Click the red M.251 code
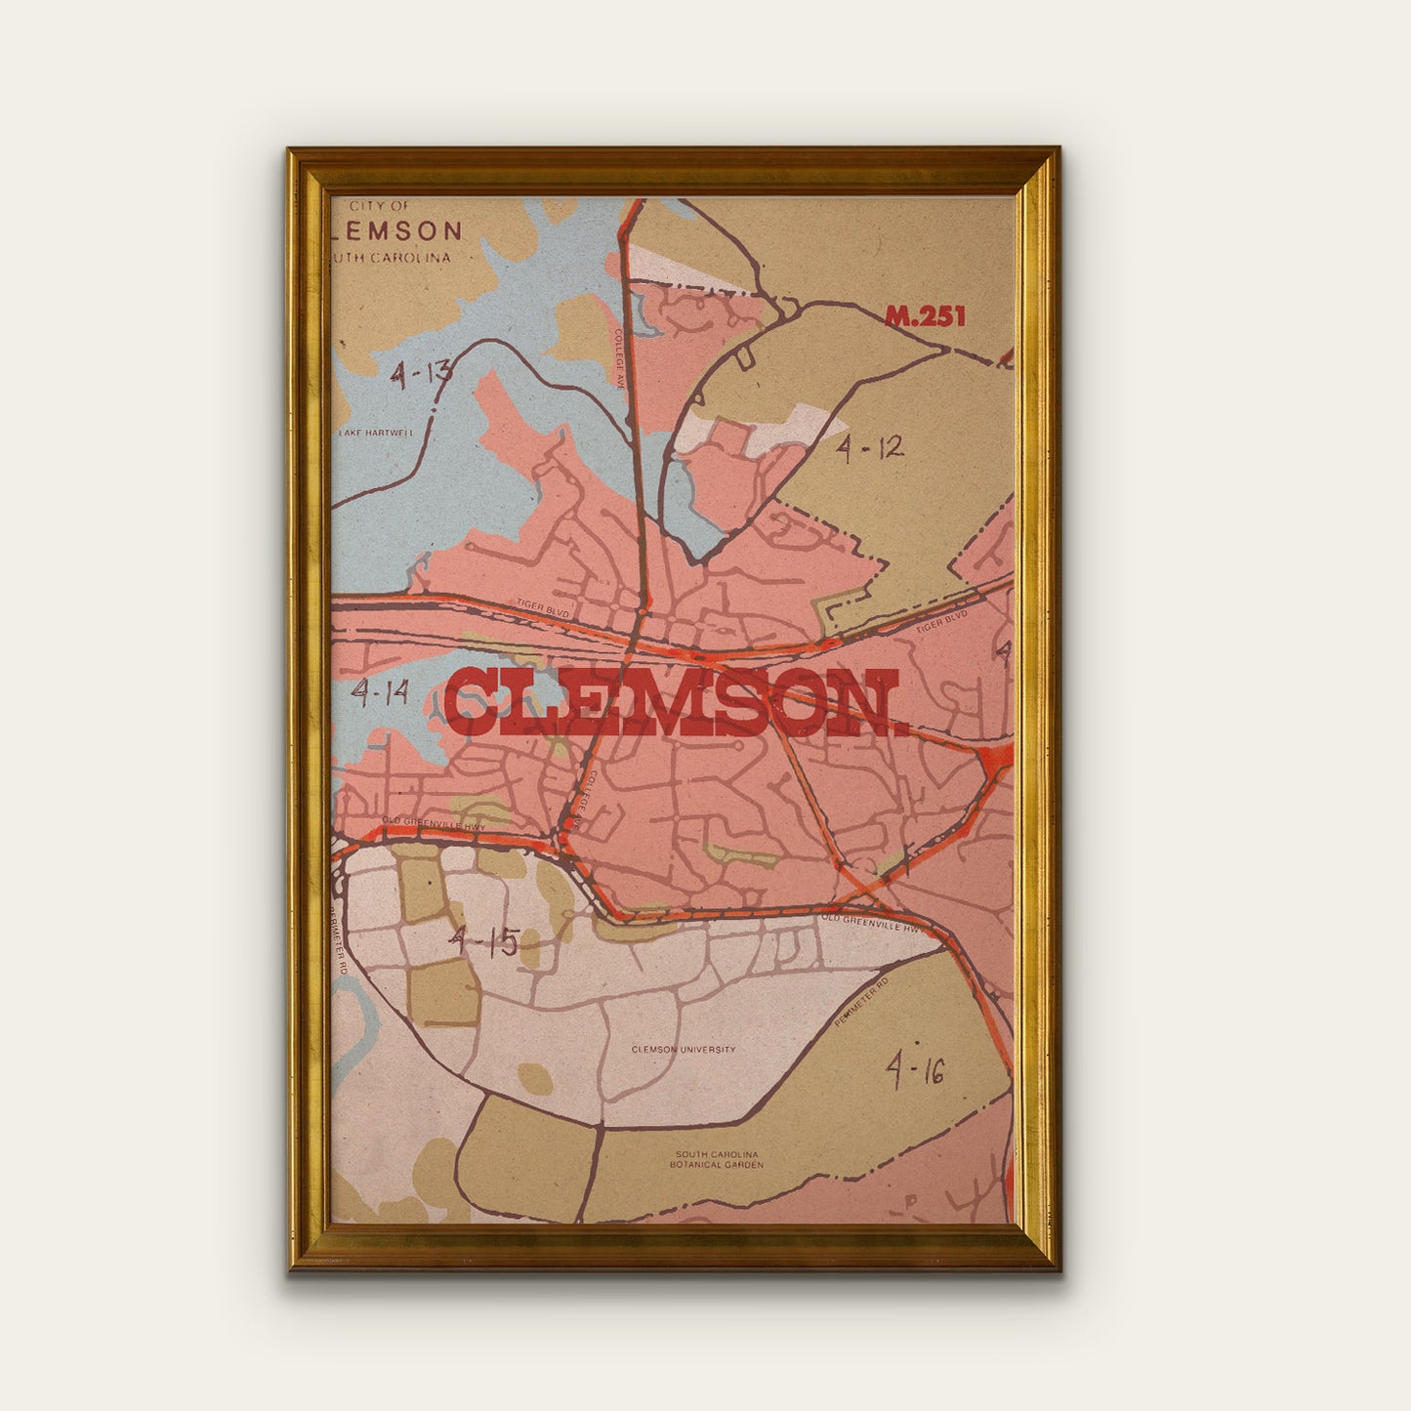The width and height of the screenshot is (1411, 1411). [924, 316]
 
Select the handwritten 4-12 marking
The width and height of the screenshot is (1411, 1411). [869, 448]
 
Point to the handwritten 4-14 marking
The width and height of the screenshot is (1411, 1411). [380, 693]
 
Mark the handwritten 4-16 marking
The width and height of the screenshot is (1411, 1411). [915, 1070]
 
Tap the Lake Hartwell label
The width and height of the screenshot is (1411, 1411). [376, 433]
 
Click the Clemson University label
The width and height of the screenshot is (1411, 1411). [684, 1050]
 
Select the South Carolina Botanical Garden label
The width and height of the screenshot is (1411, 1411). [716, 1159]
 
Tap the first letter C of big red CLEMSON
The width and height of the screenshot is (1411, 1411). [472, 702]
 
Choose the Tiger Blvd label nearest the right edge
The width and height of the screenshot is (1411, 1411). [941, 622]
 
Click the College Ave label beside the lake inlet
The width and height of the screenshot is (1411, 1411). [619, 358]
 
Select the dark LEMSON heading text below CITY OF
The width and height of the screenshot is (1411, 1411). [396, 231]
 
